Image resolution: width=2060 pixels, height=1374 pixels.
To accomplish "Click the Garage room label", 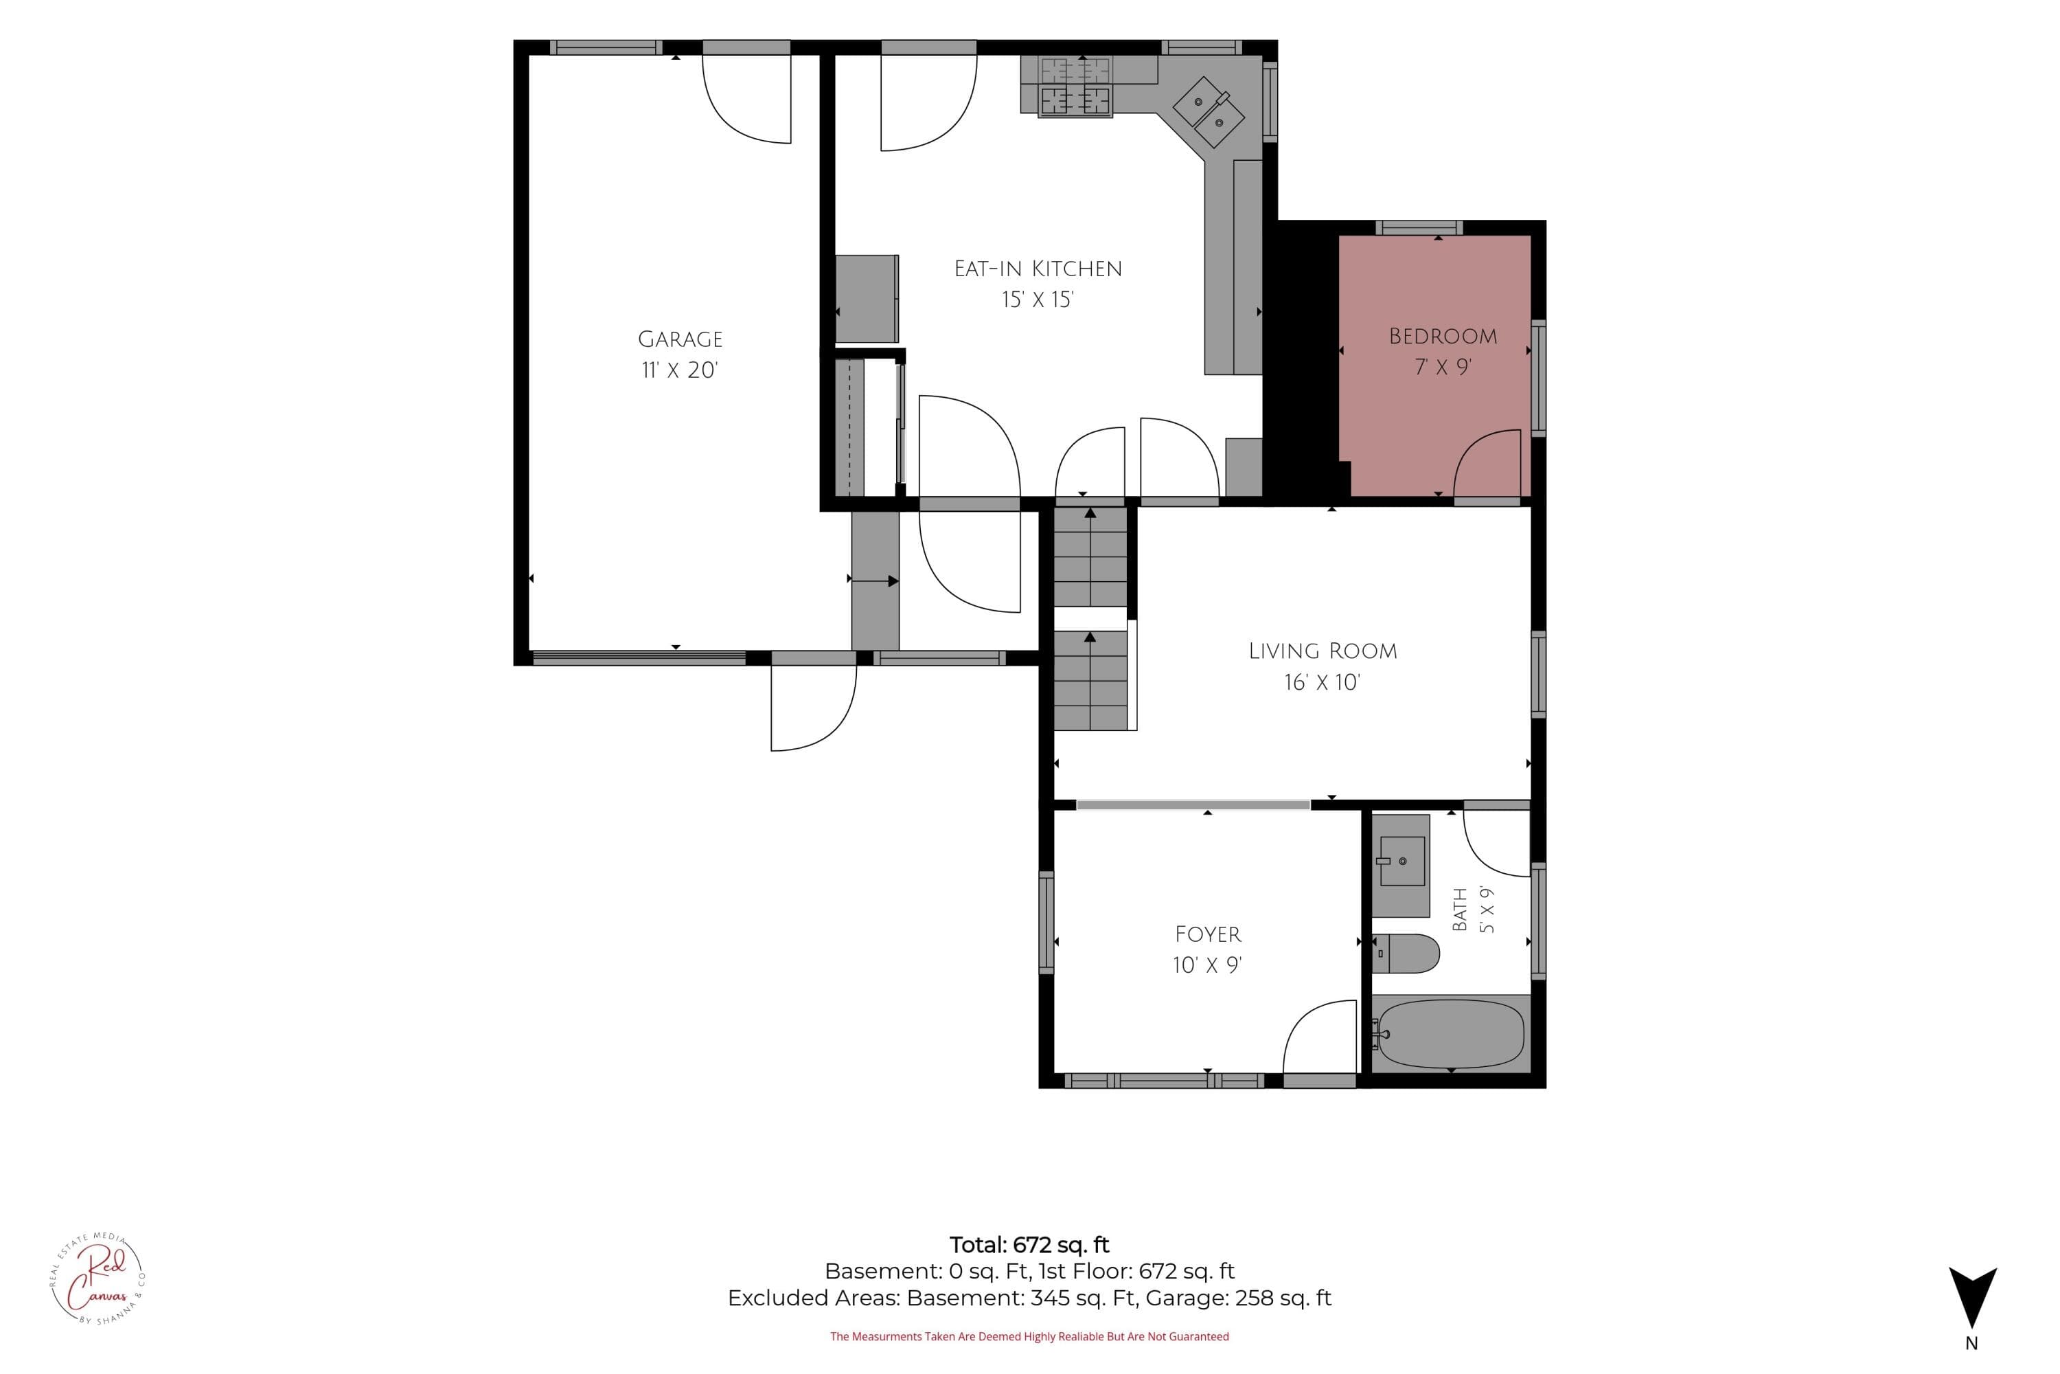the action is click(680, 339).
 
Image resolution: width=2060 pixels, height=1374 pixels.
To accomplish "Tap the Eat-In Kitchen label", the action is click(1038, 269).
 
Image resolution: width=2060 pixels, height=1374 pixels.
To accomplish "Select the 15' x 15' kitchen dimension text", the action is click(1038, 300).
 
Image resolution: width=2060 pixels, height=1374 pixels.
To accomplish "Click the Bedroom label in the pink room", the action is click(1443, 336).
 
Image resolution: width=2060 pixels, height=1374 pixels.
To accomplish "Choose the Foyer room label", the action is click(1208, 934).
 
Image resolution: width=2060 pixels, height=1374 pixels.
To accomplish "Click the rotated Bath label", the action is click(1459, 910).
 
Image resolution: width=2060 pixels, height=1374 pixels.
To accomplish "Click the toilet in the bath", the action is click(1405, 954).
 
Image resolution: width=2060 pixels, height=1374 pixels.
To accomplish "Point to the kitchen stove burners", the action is click(1075, 87).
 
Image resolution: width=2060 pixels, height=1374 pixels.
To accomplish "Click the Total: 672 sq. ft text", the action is click(1029, 1244).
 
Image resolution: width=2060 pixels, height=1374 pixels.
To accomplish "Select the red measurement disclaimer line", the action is click(1029, 1336).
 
